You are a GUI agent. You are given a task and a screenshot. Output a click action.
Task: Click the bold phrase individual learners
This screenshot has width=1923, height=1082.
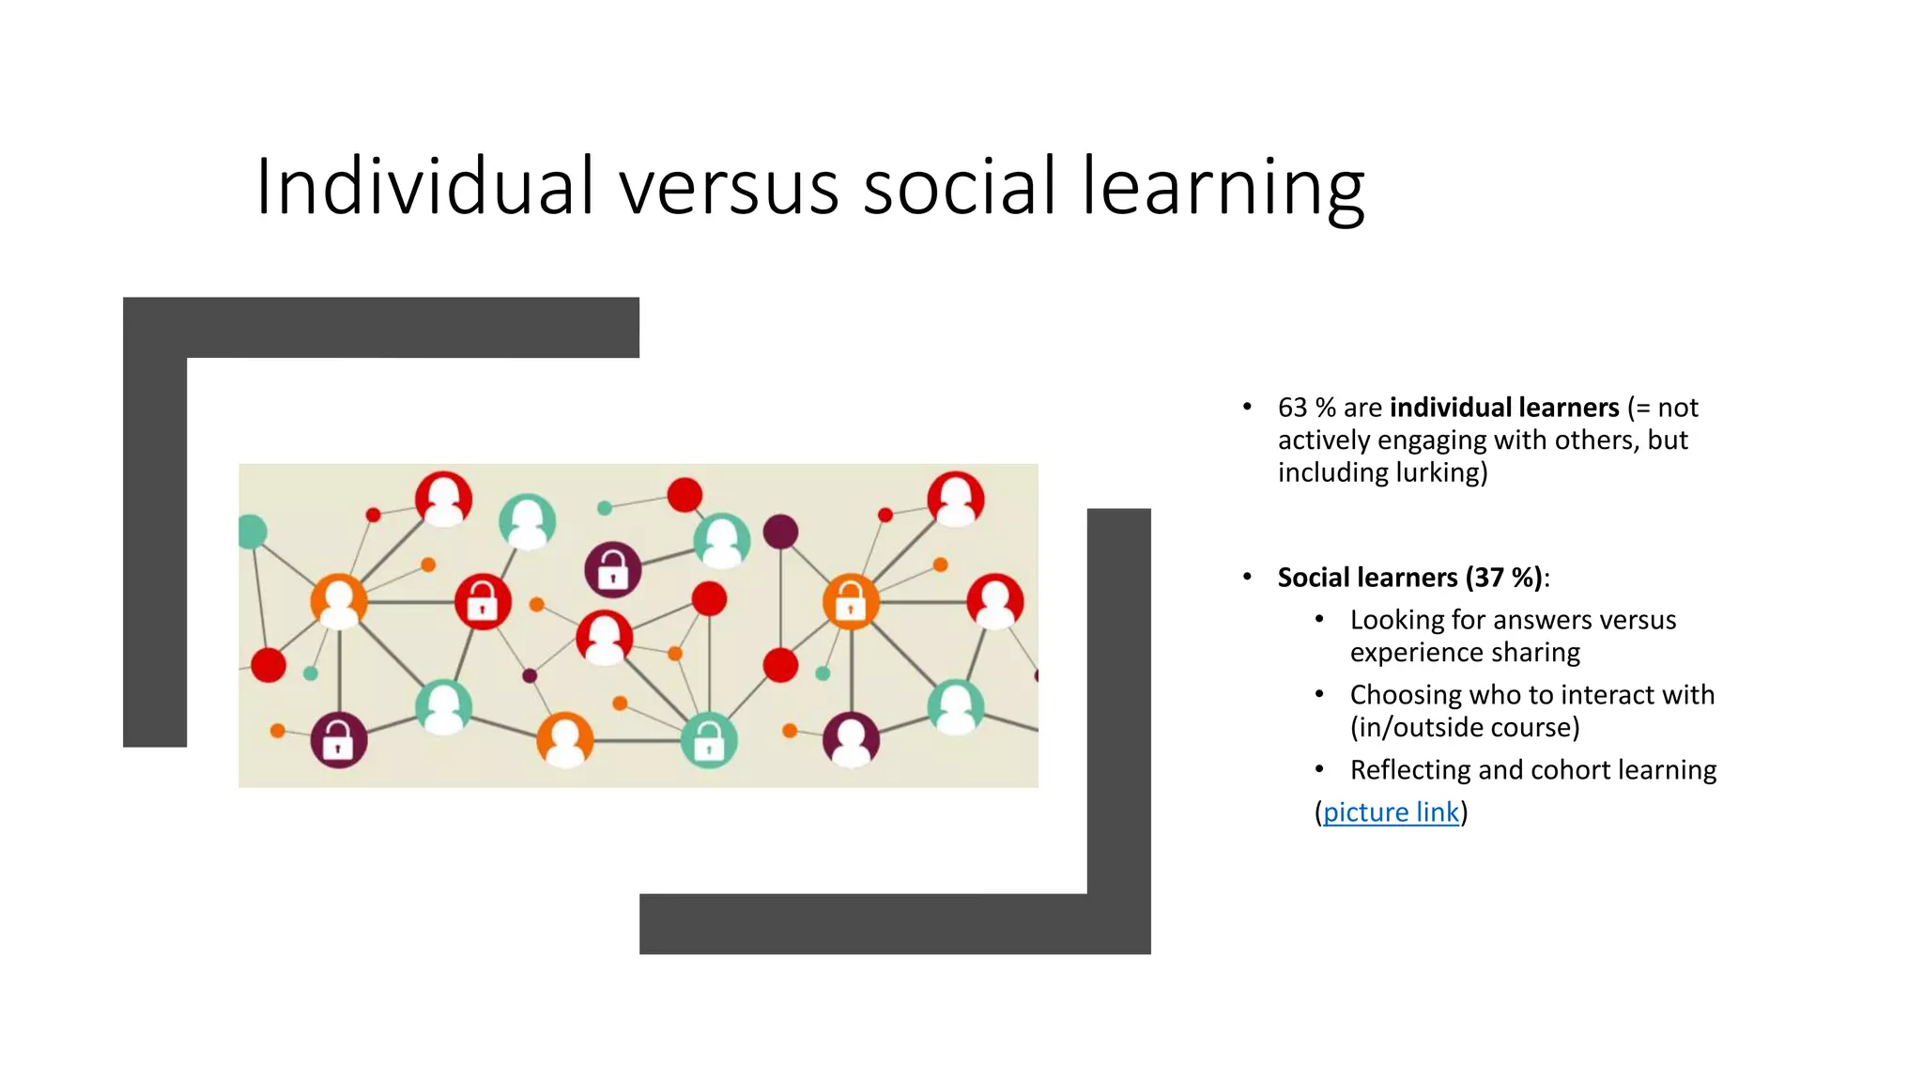(1504, 408)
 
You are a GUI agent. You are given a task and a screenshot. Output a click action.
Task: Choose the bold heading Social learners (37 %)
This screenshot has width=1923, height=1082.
(1409, 578)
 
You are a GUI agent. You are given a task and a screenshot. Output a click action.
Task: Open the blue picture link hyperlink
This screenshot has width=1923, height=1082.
(1391, 812)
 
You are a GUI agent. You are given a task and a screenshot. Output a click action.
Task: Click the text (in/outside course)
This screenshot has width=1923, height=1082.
(1465, 728)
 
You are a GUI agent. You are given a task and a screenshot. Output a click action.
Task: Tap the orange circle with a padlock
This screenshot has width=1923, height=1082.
(851, 601)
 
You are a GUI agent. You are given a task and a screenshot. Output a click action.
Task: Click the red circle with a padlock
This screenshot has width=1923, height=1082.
(483, 601)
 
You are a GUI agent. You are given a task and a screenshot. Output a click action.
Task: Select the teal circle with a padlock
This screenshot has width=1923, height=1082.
(708, 741)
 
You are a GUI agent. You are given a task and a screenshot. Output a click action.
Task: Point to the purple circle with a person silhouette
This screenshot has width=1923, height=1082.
(851, 738)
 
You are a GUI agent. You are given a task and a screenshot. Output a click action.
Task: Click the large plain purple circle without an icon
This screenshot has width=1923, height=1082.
(780, 532)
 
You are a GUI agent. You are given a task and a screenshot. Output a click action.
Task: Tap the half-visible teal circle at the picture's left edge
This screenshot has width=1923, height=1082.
(252, 532)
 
